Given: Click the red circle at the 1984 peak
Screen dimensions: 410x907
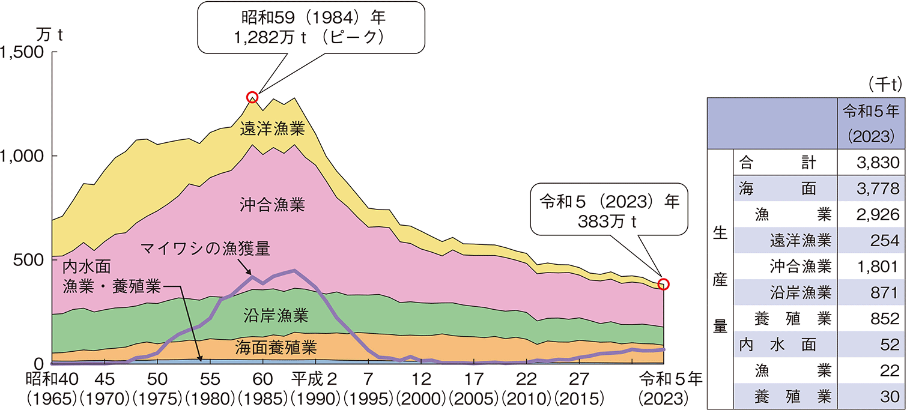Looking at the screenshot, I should coord(252,97).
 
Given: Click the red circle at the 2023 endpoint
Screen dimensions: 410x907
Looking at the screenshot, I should coord(664,284).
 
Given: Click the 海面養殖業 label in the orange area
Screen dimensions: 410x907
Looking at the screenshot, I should coord(275,346).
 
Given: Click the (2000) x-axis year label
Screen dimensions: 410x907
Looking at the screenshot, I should coord(421,397).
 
